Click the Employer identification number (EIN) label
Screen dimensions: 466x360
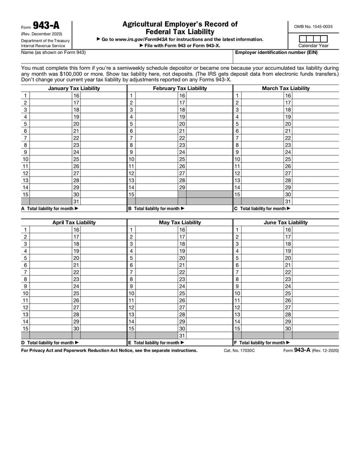276,53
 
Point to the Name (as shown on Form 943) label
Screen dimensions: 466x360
53,53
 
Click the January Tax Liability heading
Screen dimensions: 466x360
74,88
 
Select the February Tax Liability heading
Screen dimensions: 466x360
180,88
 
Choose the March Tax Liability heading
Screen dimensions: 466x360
286,88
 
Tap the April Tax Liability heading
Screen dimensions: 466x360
74,222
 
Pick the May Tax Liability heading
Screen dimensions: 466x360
180,222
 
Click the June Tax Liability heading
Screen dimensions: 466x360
286,222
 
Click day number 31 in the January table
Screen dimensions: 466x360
76,201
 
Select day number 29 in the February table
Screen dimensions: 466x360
182,187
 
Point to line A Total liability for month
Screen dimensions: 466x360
50,208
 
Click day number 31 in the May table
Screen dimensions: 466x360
182,335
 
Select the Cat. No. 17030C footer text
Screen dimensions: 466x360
239,350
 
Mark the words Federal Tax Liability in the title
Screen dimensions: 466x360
180,32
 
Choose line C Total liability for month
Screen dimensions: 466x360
262,208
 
